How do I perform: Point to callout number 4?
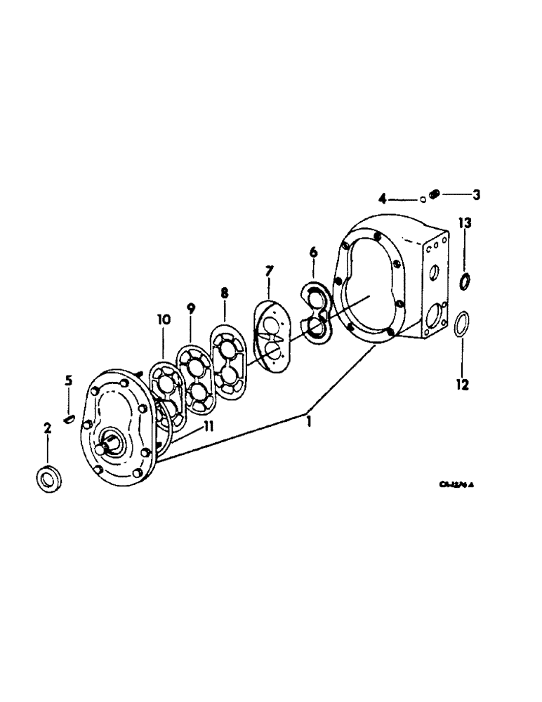383,199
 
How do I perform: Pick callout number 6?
314,251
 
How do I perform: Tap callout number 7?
269,270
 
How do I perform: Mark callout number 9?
190,307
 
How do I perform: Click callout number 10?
163,319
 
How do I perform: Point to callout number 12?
463,385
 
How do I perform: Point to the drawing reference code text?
461,484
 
